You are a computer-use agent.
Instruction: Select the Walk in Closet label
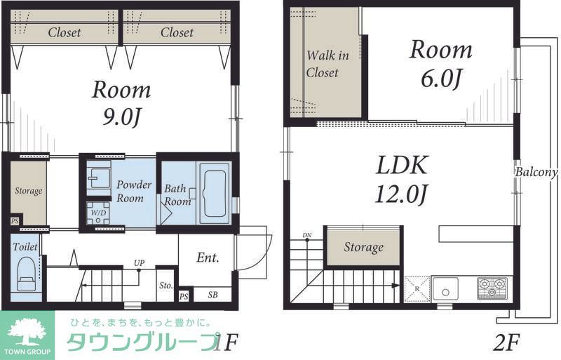(x=322, y=64)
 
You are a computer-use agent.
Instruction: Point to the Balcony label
(x=536, y=172)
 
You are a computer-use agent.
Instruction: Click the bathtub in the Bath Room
(x=214, y=193)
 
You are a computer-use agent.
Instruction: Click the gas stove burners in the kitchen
(x=494, y=287)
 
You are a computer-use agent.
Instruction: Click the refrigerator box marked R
(x=417, y=288)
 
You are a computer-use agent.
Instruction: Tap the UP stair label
(x=140, y=263)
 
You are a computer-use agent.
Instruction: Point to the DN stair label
(x=306, y=235)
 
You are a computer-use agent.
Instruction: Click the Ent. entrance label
(x=208, y=258)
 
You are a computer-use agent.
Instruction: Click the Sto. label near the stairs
(x=165, y=286)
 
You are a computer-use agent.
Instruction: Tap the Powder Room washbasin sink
(x=99, y=178)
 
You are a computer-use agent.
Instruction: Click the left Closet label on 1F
(x=65, y=32)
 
